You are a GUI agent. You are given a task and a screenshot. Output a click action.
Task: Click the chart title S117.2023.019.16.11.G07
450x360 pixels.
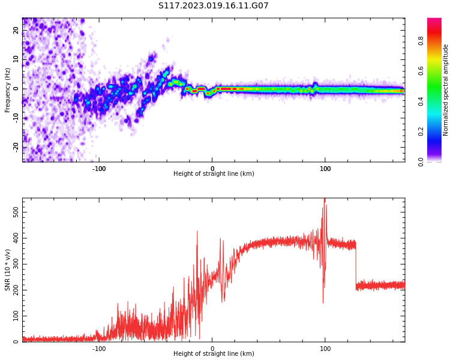[x=213, y=6]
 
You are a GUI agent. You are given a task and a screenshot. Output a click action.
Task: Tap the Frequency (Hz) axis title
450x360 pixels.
[x=8, y=90]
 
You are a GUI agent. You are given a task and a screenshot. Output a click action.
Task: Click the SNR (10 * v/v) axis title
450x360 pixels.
[x=8, y=269]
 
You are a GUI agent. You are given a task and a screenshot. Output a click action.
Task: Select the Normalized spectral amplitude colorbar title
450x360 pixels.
[x=446, y=90]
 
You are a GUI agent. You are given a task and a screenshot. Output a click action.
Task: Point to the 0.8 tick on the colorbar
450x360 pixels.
[x=421, y=41]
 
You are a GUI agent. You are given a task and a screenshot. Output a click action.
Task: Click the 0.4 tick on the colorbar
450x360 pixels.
[x=421, y=101]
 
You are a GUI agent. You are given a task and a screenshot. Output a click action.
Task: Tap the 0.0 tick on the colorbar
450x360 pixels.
[x=421, y=161]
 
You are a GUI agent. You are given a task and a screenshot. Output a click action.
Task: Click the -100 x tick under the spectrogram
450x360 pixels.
[x=99, y=169]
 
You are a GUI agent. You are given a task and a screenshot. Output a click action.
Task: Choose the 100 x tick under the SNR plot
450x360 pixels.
[x=325, y=349]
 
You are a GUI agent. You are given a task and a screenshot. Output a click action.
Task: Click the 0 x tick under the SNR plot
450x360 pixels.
[x=212, y=349]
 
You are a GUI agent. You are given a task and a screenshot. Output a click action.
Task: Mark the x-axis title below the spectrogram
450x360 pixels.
[x=214, y=174]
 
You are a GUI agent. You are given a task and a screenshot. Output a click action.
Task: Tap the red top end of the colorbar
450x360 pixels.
[x=434, y=22]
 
